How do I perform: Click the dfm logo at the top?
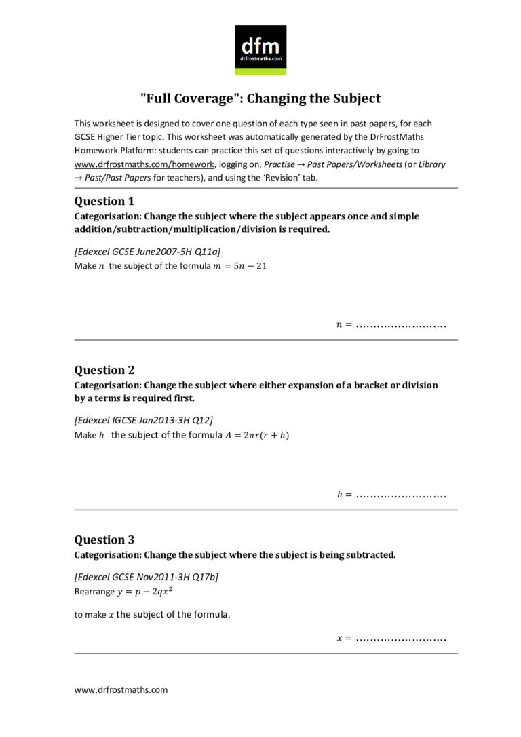pos(260,50)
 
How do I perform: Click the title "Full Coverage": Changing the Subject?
pos(260,98)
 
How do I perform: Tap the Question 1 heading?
pos(104,201)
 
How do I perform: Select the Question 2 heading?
pos(104,370)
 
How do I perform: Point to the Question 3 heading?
pos(104,540)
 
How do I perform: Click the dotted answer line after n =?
pos(401,326)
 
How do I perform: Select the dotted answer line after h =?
pos(401,495)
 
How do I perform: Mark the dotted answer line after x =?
pos(401,639)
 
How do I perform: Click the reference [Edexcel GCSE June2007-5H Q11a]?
pos(147,252)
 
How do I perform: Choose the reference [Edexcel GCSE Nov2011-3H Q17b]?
pos(146,577)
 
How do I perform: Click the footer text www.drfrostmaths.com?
pos(121,689)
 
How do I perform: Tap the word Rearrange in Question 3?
pos(94,592)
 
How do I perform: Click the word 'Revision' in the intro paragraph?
pos(296,178)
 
